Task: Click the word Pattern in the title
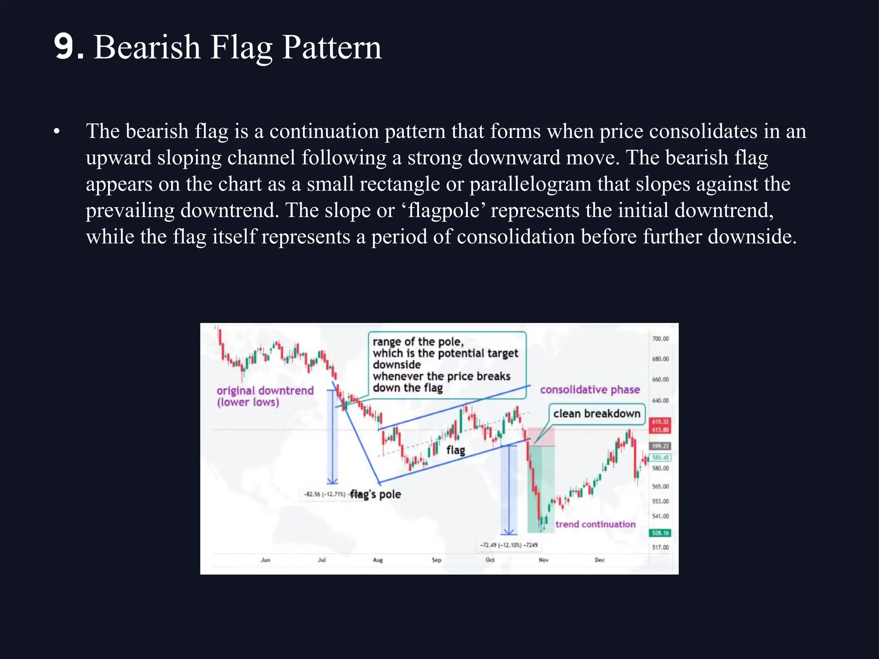(332, 47)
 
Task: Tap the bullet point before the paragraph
(57, 132)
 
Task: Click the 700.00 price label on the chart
(660, 339)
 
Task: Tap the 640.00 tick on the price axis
(660, 400)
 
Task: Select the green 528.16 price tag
(660, 533)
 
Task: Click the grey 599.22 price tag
(660, 446)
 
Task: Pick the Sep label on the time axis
(436, 560)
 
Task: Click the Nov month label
(543, 560)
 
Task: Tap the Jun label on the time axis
(265, 560)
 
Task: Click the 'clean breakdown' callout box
(597, 414)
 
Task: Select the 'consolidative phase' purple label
(590, 390)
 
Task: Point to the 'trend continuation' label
(595, 524)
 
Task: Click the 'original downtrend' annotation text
(265, 391)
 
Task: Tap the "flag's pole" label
(376, 494)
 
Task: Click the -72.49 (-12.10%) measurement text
(509, 545)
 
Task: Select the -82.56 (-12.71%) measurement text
(324, 494)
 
